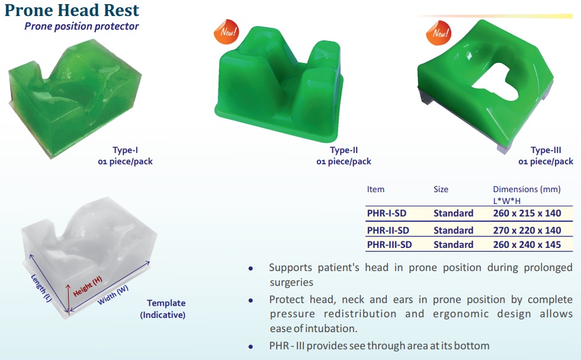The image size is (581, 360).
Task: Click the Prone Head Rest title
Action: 72,10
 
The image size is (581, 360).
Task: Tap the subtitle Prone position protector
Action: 82,26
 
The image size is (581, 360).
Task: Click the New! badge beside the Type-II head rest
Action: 226,32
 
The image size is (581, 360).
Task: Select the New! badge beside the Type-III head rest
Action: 439,33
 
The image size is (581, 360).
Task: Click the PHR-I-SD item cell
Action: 387,214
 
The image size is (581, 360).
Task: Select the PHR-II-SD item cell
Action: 388,231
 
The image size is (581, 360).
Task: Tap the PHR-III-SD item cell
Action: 390,245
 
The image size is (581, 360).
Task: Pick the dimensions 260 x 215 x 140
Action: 527,214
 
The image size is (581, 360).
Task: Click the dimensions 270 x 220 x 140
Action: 527,231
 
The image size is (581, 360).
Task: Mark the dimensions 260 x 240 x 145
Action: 527,245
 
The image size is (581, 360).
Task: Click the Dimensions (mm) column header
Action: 527,190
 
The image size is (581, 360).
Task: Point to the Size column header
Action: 441,189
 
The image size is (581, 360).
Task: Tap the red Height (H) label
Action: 88,286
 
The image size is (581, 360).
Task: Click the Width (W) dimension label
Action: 113,295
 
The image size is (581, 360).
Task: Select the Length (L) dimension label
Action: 41,288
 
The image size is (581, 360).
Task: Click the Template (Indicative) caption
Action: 163,309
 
